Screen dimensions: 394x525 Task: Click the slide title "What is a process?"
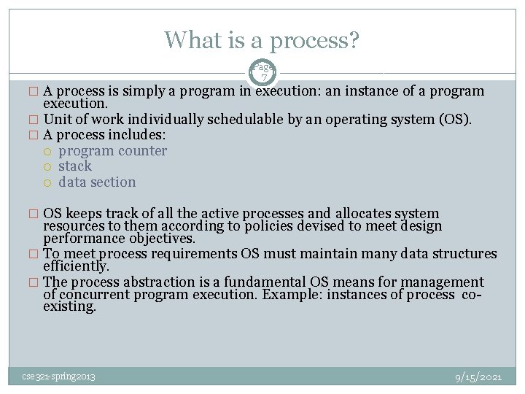pyautogui.click(x=262, y=39)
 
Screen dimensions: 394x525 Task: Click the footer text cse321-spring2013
pyautogui.click(x=58, y=376)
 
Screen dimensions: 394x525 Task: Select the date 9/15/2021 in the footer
pyautogui.click(x=478, y=377)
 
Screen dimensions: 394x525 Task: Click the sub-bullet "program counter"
pyautogui.click(x=112, y=151)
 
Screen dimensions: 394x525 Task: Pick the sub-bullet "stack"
pyautogui.click(x=75, y=166)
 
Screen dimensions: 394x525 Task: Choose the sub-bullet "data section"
pyautogui.click(x=97, y=182)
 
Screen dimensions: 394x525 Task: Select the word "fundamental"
pyautogui.click(x=266, y=282)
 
